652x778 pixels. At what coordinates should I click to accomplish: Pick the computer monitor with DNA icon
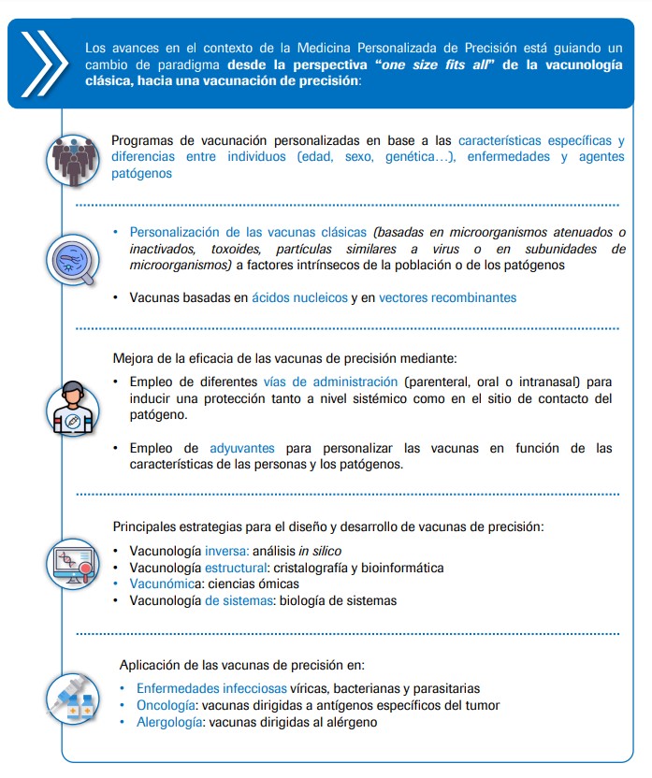pos(73,565)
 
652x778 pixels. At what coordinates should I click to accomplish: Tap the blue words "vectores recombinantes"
pos(447,297)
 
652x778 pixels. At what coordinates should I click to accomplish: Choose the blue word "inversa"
pos(225,552)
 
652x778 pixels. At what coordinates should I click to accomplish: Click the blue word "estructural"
pos(237,568)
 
